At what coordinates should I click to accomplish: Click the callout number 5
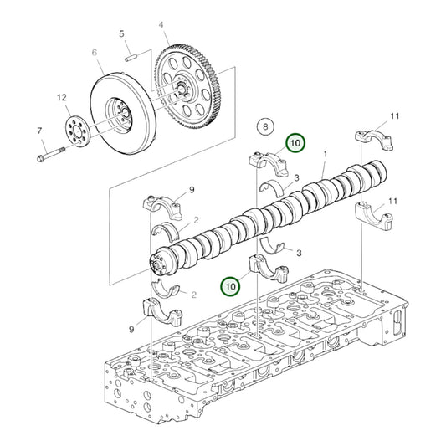(x=121, y=34)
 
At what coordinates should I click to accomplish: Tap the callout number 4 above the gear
(x=161, y=25)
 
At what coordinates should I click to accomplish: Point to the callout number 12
(x=61, y=98)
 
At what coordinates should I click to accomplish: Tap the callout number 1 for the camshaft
(x=326, y=155)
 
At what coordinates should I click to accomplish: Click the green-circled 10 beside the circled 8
(x=295, y=143)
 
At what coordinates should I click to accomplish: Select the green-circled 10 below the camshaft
(x=230, y=286)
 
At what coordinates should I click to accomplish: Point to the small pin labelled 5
(x=130, y=58)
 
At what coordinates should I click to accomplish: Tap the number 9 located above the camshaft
(x=191, y=191)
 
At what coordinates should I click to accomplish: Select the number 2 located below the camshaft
(x=194, y=294)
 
